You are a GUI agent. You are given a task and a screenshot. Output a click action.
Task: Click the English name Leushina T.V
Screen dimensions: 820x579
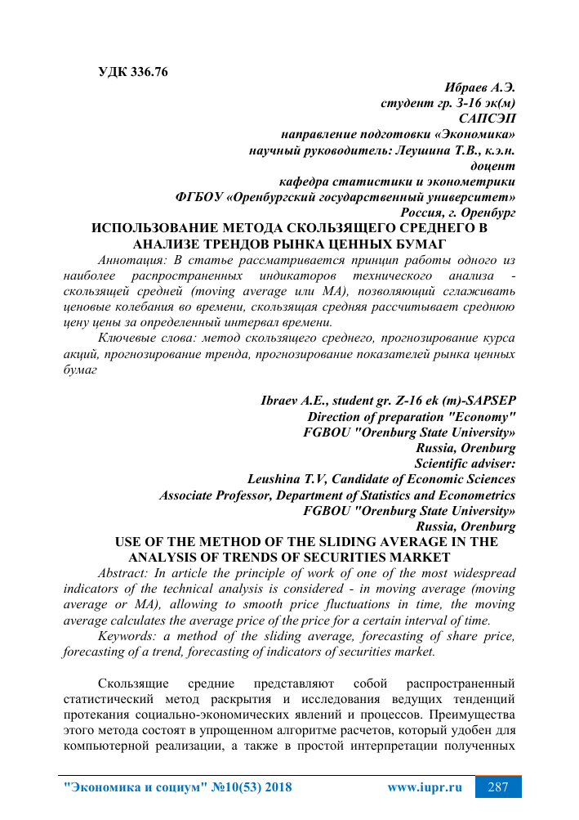[286, 479]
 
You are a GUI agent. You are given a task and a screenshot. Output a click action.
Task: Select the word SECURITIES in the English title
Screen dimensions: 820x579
[327, 558]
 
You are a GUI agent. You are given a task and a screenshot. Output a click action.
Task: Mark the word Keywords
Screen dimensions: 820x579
[125, 637]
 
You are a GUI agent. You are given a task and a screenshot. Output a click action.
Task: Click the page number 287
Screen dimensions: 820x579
[498, 788]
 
